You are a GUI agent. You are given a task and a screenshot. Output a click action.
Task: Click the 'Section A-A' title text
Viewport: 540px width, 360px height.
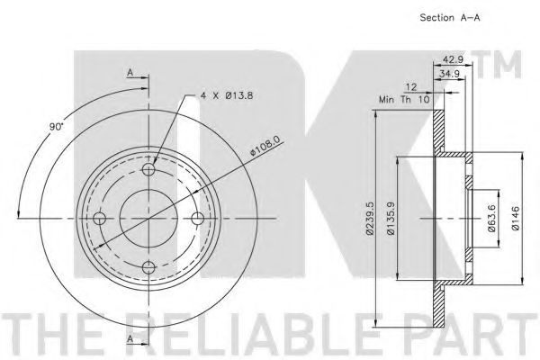(x=449, y=18)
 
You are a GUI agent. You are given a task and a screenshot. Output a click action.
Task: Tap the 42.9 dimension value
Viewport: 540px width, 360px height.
(x=453, y=59)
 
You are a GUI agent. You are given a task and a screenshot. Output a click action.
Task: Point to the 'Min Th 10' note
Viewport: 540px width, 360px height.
(x=404, y=100)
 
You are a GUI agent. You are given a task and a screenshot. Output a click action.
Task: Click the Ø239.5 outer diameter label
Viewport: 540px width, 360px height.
(x=370, y=219)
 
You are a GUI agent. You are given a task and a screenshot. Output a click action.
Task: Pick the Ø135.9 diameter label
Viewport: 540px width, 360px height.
(x=391, y=219)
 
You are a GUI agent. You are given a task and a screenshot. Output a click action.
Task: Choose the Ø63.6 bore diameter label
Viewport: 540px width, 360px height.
(x=491, y=219)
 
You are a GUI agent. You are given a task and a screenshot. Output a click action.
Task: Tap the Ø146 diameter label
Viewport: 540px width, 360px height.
(x=515, y=219)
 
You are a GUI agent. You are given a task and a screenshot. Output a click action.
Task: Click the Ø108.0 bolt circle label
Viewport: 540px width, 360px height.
(x=265, y=146)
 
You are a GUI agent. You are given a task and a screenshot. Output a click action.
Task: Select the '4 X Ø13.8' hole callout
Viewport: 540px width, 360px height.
(x=227, y=95)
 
